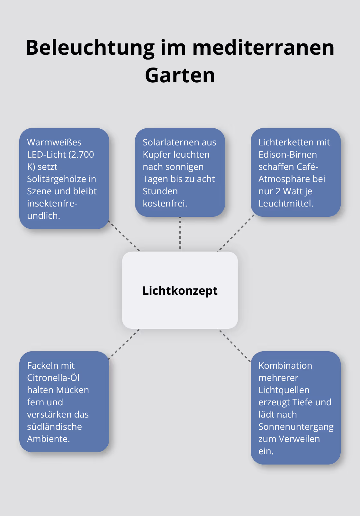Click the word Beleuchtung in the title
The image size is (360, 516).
tap(90, 48)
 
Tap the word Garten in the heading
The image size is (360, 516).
tap(180, 75)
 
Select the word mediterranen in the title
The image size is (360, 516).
tap(263, 48)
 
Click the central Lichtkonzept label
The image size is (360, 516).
tap(180, 290)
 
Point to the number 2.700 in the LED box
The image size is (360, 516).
tap(82, 154)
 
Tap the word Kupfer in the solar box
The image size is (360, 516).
tap(156, 154)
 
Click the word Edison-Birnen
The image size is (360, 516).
tap(288, 154)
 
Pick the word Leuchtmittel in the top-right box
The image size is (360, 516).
tap(285, 203)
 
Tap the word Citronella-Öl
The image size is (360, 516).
tap(53, 378)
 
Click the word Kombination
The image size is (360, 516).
tap(285, 365)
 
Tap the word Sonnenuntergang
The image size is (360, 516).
tap(296, 427)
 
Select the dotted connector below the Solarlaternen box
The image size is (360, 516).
tap(180, 234)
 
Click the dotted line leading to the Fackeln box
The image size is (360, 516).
tap(124, 344)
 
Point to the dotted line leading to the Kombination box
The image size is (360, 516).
tap(235, 346)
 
